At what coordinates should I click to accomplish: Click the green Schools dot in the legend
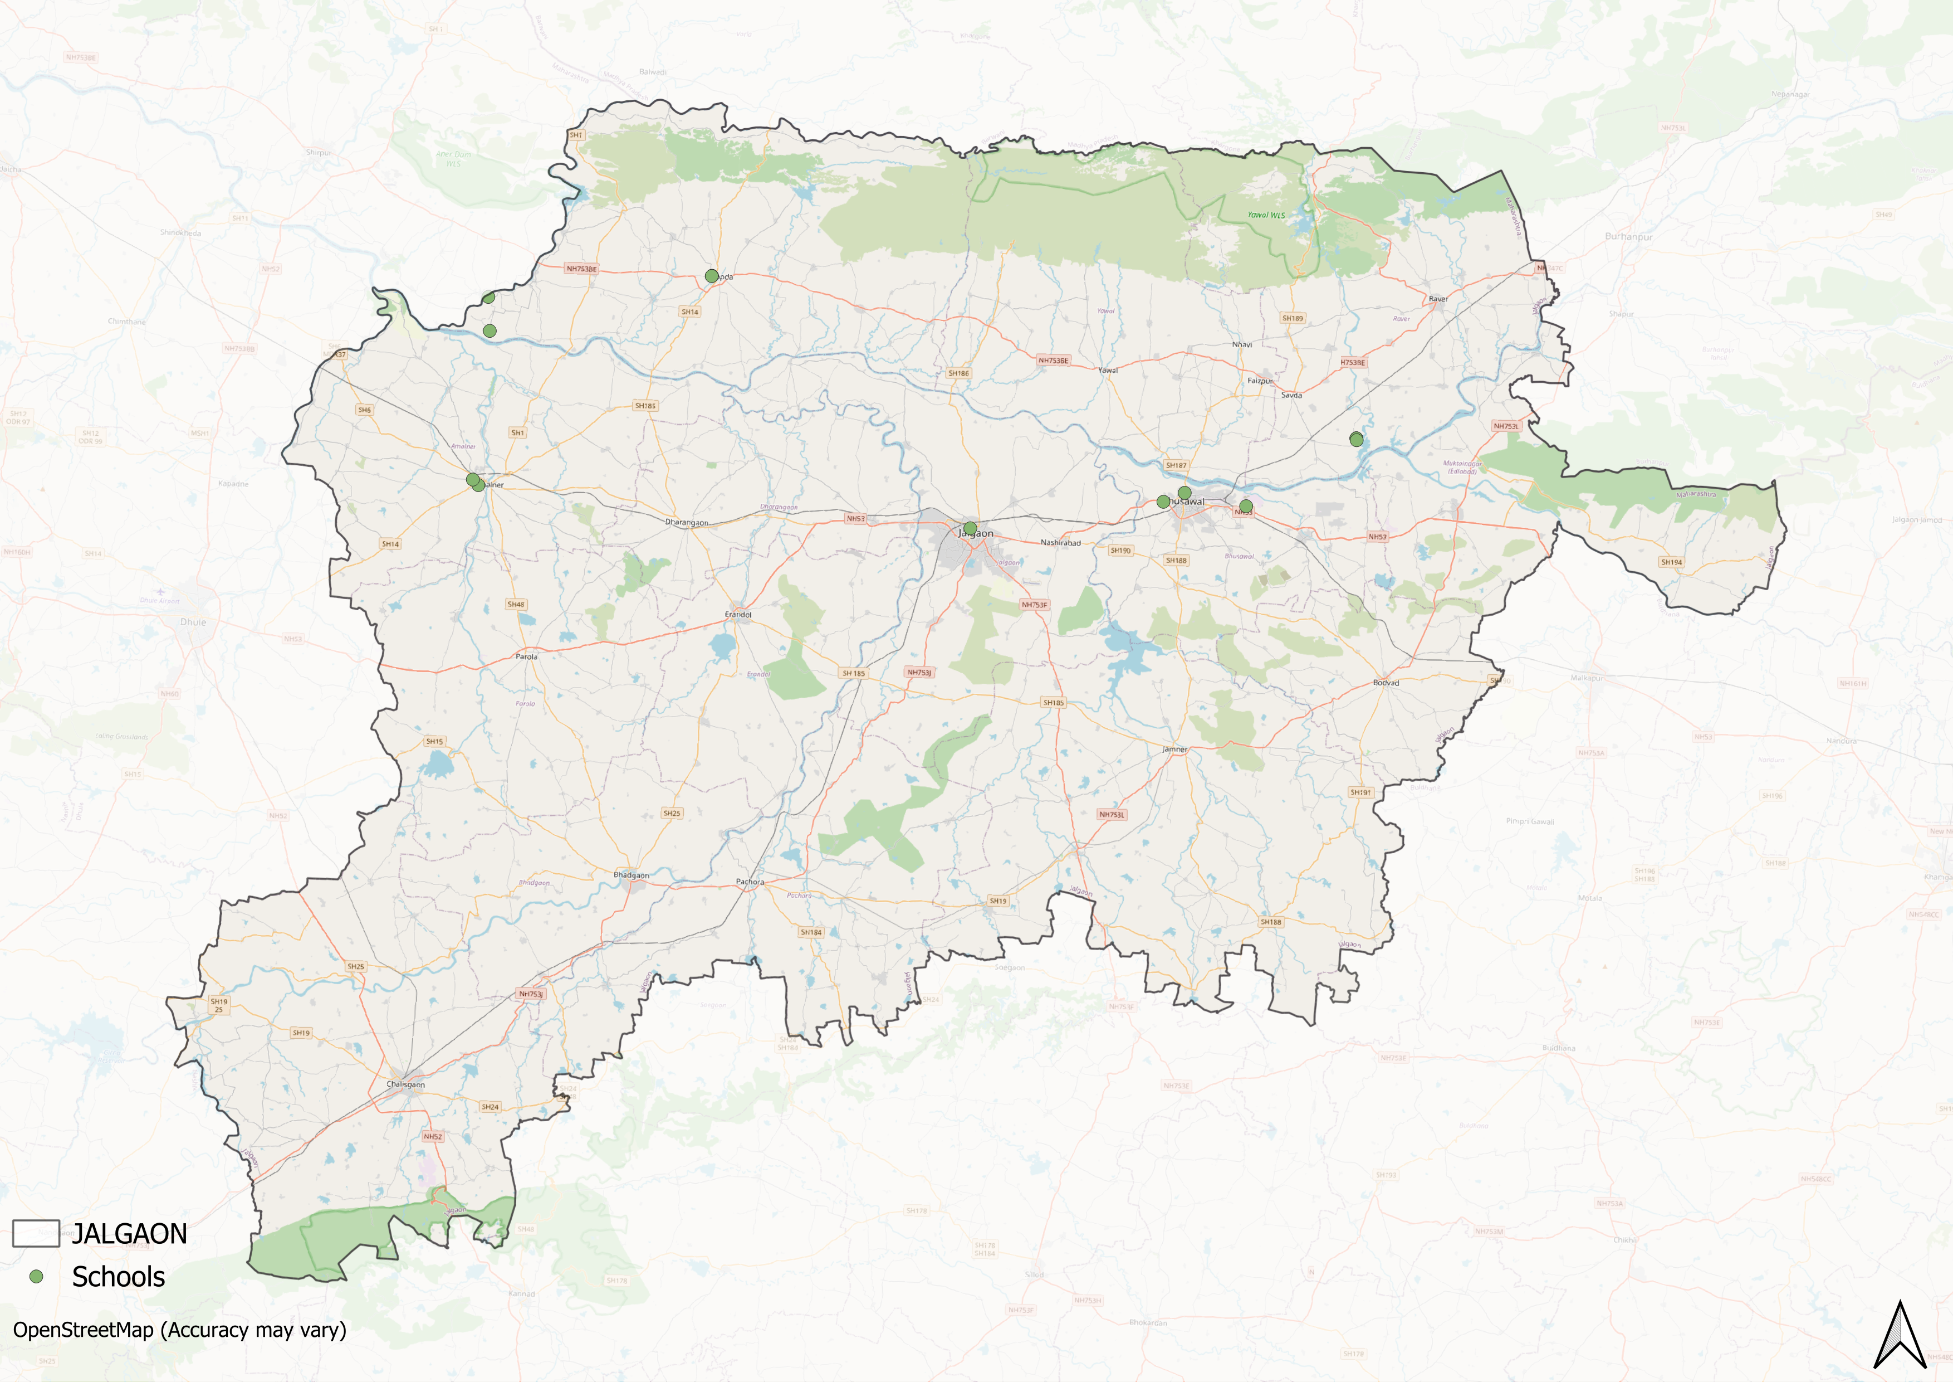(36, 1277)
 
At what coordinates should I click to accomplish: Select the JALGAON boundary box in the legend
(36, 1233)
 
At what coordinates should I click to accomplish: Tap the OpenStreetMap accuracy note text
(179, 1330)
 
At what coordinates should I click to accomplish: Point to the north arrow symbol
(1900, 1336)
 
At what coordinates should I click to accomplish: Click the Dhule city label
(193, 622)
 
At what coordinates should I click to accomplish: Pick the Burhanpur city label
(1628, 237)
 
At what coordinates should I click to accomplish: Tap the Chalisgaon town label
(406, 1084)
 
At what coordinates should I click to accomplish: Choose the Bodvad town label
(1386, 683)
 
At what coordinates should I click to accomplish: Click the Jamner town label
(1174, 749)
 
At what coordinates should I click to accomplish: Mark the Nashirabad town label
(1061, 543)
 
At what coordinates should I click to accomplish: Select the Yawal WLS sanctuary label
(1266, 215)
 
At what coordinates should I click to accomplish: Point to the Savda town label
(1291, 395)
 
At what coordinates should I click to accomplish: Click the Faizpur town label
(1260, 381)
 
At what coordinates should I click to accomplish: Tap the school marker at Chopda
(711, 276)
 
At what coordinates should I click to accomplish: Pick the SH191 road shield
(1360, 792)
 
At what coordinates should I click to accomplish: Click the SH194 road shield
(1671, 562)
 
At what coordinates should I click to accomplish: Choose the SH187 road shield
(1176, 465)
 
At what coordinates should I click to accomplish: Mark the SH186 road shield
(958, 373)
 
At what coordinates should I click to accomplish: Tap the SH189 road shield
(1292, 318)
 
